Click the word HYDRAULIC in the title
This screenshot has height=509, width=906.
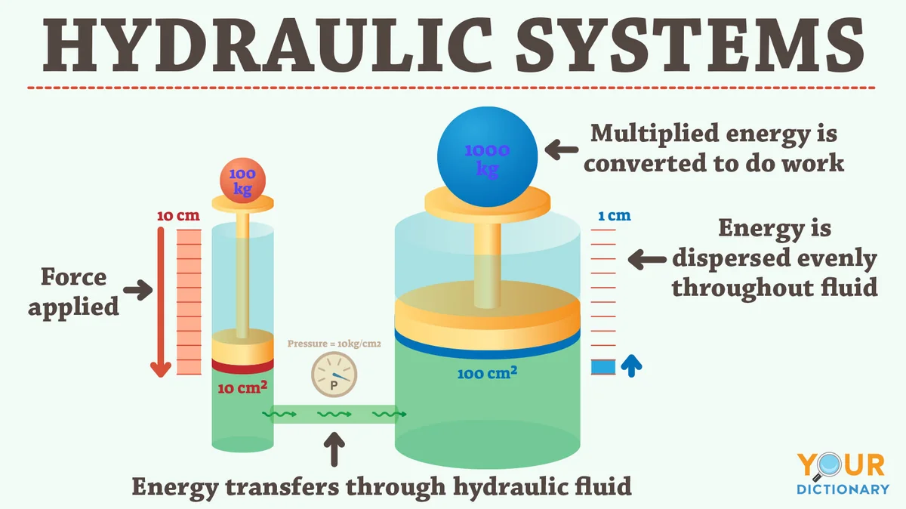(x=267, y=45)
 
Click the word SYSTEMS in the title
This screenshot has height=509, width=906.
(x=690, y=45)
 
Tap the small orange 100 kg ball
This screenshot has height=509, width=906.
(x=242, y=180)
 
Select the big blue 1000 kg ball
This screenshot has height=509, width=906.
(x=488, y=157)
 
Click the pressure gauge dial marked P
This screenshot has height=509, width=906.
(x=334, y=375)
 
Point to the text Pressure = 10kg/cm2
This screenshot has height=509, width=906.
(x=334, y=344)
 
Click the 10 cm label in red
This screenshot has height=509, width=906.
(x=178, y=216)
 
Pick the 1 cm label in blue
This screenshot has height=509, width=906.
(x=615, y=216)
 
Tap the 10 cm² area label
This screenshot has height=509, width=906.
(x=242, y=387)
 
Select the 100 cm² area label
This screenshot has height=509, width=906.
(x=487, y=372)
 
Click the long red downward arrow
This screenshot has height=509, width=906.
(x=161, y=302)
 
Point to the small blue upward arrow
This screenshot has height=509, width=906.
(x=631, y=366)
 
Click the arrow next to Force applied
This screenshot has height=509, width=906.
(x=138, y=290)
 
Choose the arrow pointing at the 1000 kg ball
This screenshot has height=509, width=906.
(x=562, y=150)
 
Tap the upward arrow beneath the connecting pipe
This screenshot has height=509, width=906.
(x=334, y=449)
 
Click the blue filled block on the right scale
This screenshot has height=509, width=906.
(x=603, y=367)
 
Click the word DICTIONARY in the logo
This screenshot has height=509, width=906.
(x=843, y=489)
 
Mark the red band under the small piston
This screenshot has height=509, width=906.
(x=242, y=366)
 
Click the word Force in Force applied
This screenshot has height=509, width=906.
(x=74, y=276)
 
